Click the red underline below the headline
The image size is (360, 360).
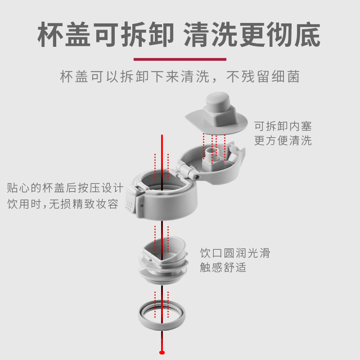coord(180,59)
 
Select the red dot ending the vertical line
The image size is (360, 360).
coord(162,351)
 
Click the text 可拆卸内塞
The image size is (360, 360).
coord(283,126)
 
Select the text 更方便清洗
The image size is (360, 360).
coord(283,140)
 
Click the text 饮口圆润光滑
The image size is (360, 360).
coord(234,253)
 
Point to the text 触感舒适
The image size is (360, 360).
coord(223,267)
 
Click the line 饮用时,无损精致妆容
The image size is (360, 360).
coord(63,204)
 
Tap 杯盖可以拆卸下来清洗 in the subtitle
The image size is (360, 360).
coord(135,77)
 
